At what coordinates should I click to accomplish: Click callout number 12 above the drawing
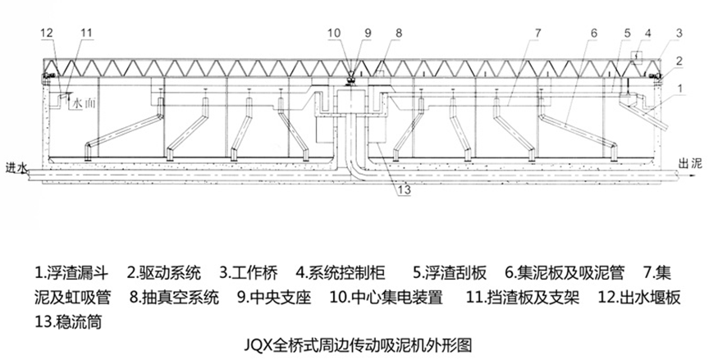(x=48, y=32)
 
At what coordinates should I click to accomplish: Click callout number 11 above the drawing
(x=87, y=32)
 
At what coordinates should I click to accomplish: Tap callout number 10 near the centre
(x=335, y=33)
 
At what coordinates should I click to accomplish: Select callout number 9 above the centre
(x=368, y=33)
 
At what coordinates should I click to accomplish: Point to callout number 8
(x=398, y=33)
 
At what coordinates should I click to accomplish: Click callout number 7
(x=537, y=33)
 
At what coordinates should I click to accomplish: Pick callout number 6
(x=592, y=33)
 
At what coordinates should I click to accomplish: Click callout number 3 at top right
(x=679, y=33)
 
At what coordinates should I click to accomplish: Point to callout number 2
(x=679, y=61)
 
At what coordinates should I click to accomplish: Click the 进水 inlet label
(x=15, y=166)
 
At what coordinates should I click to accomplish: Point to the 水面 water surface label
(x=84, y=104)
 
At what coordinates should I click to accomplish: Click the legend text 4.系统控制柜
(x=344, y=271)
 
